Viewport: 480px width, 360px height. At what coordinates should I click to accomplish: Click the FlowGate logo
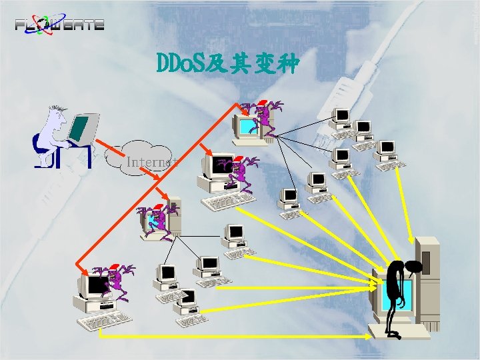pyautogui.click(x=59, y=23)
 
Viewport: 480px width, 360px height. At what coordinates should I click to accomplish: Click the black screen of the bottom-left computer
pyautogui.click(x=97, y=285)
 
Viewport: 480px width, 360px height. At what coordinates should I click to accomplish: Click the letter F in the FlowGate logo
pyautogui.click(x=21, y=25)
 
